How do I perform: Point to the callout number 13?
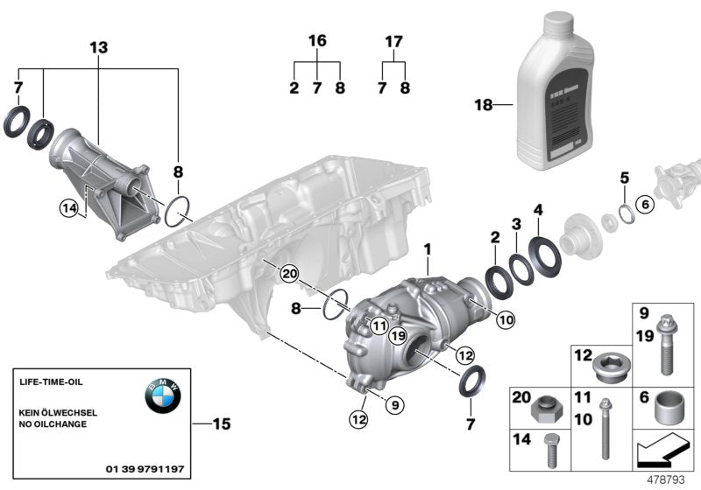(99, 47)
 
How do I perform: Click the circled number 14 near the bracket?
(69, 207)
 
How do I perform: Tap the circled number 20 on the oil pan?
(288, 276)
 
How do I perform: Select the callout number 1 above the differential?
(428, 249)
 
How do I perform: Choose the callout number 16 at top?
(317, 41)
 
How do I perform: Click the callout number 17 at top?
(393, 41)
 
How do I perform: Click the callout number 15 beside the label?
(223, 424)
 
